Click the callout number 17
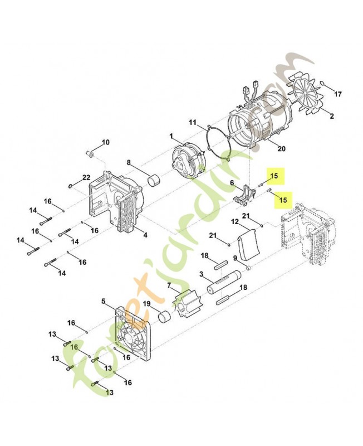(x=337, y=94)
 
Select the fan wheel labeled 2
(x=306, y=97)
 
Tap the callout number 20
(x=281, y=148)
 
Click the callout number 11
(x=193, y=122)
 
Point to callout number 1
(x=172, y=135)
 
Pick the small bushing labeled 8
(x=154, y=181)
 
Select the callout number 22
(x=86, y=177)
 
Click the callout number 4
(x=145, y=235)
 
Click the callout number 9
(x=235, y=258)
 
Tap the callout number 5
(x=103, y=302)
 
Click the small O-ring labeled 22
(x=71, y=185)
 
